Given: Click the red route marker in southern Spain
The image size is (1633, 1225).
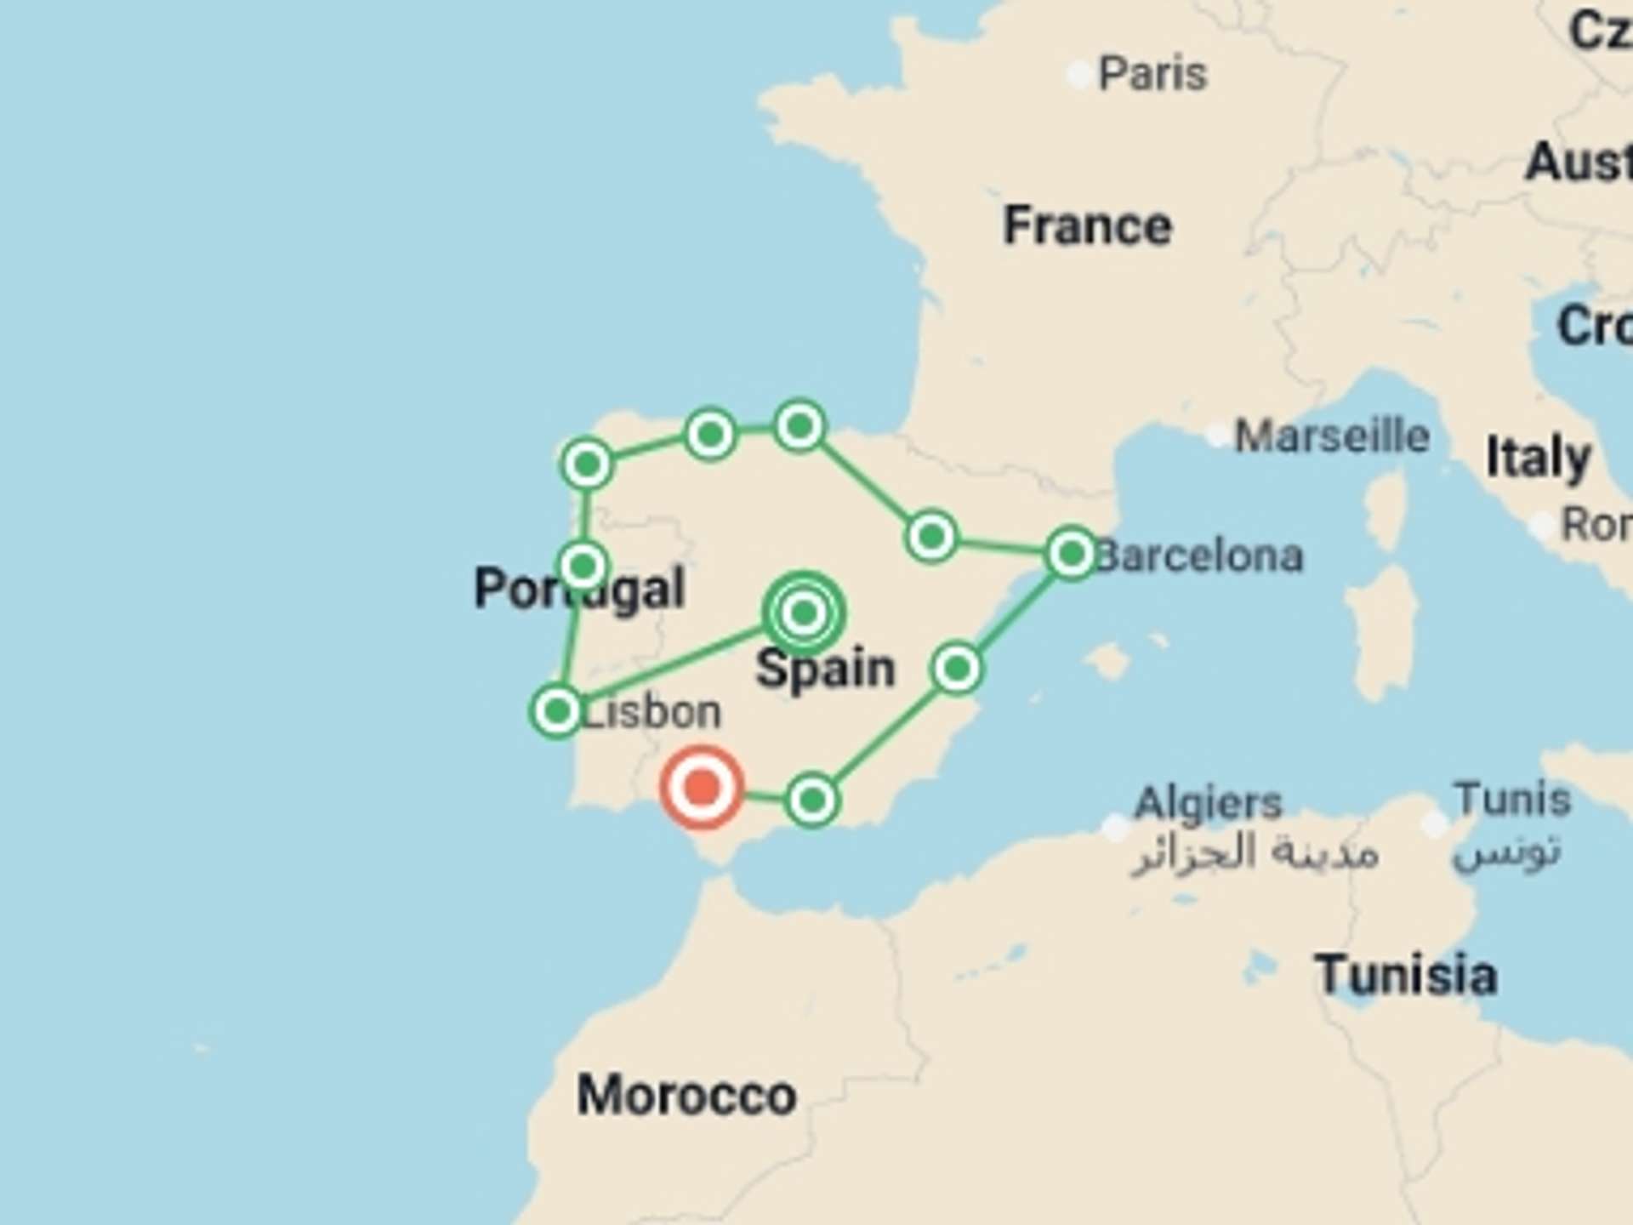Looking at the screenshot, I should pyautogui.click(x=701, y=788).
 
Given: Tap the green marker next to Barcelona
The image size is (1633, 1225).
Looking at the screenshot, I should pyautogui.click(x=1072, y=554).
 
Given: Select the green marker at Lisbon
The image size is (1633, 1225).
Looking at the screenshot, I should pyautogui.click(x=557, y=710).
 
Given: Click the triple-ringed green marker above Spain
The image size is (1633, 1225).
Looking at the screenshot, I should pyautogui.click(x=803, y=612).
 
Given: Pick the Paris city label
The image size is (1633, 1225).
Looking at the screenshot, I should pyautogui.click(x=1152, y=74).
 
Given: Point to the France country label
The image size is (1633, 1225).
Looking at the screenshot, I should pyautogui.click(x=1087, y=226).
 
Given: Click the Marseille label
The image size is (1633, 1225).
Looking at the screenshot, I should pyautogui.click(x=1331, y=436).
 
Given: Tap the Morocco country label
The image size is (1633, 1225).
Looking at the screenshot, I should pyautogui.click(x=686, y=1095).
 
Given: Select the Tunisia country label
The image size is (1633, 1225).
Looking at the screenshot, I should pyautogui.click(x=1405, y=975).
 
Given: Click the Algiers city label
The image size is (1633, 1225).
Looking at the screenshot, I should pyautogui.click(x=1208, y=803).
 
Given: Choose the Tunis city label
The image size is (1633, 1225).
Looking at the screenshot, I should pyautogui.click(x=1511, y=800).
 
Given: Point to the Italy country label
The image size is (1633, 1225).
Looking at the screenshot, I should pyautogui.click(x=1538, y=458).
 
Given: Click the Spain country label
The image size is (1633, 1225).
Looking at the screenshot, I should pyautogui.click(x=825, y=669).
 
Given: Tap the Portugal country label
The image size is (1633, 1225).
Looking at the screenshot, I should pyautogui.click(x=579, y=588).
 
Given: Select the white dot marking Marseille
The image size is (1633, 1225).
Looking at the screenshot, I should pyautogui.click(x=1218, y=436).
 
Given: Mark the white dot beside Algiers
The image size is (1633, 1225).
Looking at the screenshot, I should pyautogui.click(x=1115, y=826).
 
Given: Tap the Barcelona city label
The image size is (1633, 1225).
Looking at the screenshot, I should pyautogui.click(x=1199, y=556).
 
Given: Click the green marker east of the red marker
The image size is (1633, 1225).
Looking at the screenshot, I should pyautogui.click(x=812, y=800).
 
